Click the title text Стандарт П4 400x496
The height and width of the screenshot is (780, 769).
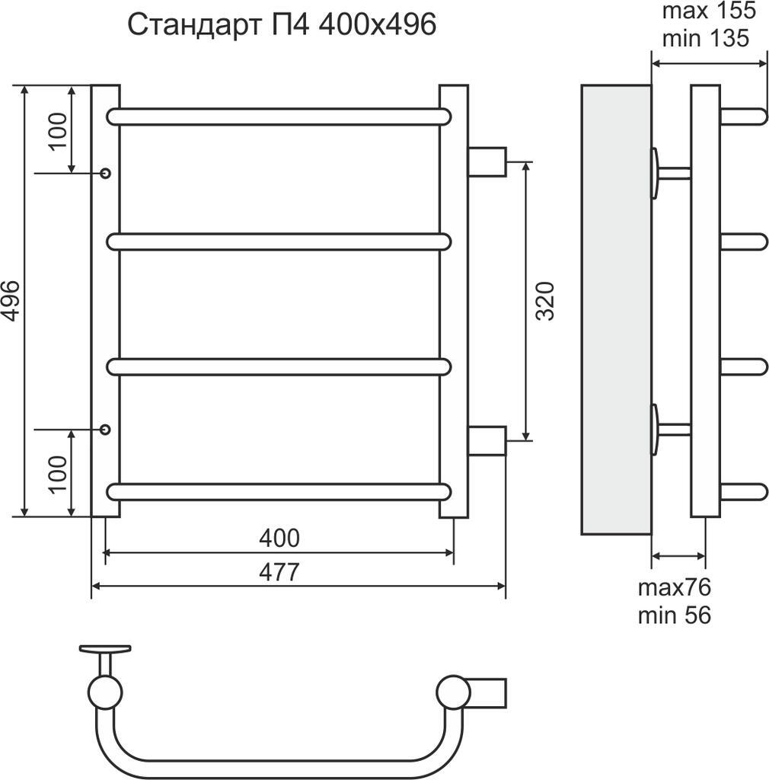pyautogui.click(x=282, y=24)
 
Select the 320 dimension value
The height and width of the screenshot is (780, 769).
pyautogui.click(x=545, y=301)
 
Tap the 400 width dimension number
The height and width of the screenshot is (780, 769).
pyautogui.click(x=279, y=538)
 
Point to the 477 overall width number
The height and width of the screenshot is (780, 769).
pyautogui.click(x=279, y=571)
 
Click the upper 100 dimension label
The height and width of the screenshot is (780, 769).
pyautogui.click(x=59, y=130)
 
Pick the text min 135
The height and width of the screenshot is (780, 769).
pyautogui.click(x=706, y=37)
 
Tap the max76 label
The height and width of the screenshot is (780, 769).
pyautogui.click(x=674, y=587)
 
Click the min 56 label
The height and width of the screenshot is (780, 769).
pyautogui.click(x=674, y=615)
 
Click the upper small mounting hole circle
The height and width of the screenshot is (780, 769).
pyautogui.click(x=105, y=174)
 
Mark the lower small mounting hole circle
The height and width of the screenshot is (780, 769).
pyautogui.click(x=105, y=430)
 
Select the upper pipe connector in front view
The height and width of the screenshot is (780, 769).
pyautogui.click(x=487, y=161)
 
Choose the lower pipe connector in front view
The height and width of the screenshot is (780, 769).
pyautogui.click(x=487, y=440)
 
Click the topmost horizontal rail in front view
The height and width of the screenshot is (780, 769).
pyautogui.click(x=279, y=117)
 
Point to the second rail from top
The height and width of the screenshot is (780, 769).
pyautogui.click(x=279, y=242)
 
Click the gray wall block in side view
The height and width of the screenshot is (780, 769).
pyautogui.click(x=615, y=308)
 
